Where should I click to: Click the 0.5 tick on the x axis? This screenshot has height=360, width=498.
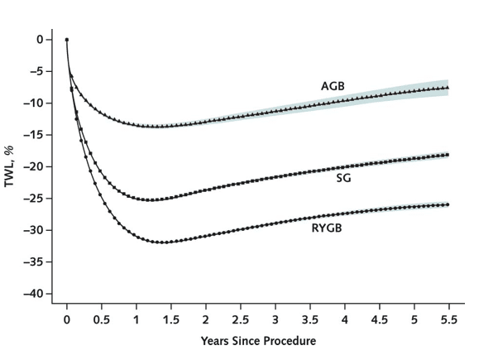click(102, 319)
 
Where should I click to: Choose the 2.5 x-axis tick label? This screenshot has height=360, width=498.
click(240, 319)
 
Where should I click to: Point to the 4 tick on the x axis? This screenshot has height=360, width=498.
click(344, 319)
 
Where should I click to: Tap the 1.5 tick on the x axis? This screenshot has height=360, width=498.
click(171, 319)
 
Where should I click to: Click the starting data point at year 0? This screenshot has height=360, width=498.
click(67, 39)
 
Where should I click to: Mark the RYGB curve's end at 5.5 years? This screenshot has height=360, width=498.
click(448, 204)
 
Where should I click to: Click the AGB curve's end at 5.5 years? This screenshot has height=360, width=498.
click(448, 88)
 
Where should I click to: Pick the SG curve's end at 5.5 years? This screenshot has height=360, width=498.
click(448, 155)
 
